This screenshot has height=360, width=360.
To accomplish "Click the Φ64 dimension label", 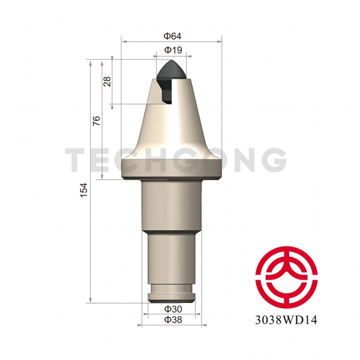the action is (172, 36).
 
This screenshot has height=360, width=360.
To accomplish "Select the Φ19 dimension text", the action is (173, 50).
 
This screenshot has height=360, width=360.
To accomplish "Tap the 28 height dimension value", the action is (107, 81).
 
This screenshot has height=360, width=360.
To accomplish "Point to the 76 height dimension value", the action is (97, 121).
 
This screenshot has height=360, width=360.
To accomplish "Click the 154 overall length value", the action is (84, 190).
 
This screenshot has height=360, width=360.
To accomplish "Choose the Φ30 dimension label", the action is (173, 309).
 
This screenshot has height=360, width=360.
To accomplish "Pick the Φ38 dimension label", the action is (173, 320).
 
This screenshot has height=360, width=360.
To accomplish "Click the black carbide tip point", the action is (172, 61).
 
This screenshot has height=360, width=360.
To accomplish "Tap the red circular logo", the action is (286, 278).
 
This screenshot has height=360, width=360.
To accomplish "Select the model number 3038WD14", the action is (286, 320).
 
